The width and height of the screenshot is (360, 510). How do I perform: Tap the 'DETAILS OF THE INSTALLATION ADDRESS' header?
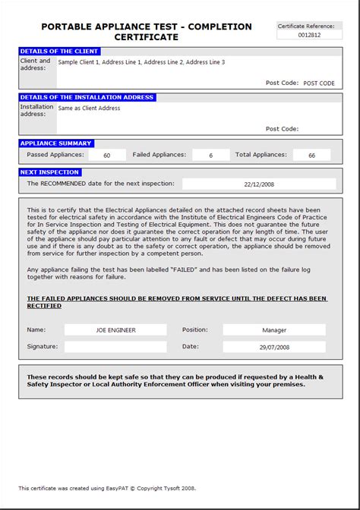(x=87, y=97)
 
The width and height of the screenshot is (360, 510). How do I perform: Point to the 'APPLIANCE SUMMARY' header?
(x=56, y=143)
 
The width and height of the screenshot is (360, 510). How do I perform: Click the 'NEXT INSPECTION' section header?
(x=50, y=172)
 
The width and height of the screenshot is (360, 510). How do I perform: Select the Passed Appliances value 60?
(x=107, y=155)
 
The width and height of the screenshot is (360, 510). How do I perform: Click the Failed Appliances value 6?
(x=210, y=155)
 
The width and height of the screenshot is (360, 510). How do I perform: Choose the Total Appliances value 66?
(x=311, y=155)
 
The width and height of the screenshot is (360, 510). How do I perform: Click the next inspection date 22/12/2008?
(x=259, y=184)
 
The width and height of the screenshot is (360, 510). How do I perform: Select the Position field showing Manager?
(x=274, y=330)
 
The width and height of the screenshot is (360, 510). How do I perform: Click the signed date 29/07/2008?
(x=274, y=346)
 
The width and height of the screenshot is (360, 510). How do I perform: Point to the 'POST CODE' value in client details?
(x=319, y=83)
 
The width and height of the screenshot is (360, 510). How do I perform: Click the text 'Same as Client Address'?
(x=89, y=109)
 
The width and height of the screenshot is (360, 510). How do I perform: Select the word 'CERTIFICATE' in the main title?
(x=147, y=37)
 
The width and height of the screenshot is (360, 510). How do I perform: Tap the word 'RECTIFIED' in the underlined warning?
(x=44, y=306)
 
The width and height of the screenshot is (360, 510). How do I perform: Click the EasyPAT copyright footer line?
(x=106, y=488)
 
